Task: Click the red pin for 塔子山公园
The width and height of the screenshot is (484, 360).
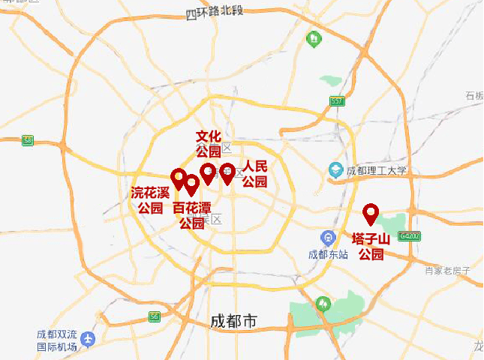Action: click(x=371, y=214)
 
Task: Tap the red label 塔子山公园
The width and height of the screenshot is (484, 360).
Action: click(x=371, y=247)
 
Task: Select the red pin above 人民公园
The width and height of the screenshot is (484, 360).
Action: click(x=227, y=172)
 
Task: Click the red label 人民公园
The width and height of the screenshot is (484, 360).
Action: click(x=254, y=174)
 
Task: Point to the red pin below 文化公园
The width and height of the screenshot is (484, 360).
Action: click(x=208, y=172)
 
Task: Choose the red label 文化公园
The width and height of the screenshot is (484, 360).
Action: click(x=209, y=144)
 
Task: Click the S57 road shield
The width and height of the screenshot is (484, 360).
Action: click(x=336, y=101)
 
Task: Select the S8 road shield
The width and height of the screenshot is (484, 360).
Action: click(x=28, y=139)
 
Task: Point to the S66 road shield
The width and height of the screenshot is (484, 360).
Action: click(x=155, y=316)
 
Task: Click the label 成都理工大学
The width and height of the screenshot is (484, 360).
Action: click(x=376, y=171)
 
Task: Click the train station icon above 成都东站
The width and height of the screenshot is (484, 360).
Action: click(x=327, y=238)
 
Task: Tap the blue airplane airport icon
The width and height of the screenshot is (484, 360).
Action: click(x=89, y=340)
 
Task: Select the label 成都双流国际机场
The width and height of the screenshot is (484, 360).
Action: click(x=57, y=341)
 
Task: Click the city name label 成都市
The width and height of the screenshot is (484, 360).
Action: click(x=233, y=322)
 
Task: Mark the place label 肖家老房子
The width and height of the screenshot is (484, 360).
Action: click(x=447, y=270)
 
